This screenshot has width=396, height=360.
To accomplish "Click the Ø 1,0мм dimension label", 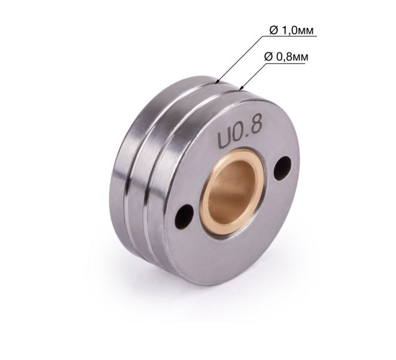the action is (x=292, y=30).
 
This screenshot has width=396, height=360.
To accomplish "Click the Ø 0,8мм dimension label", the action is (x=286, y=57).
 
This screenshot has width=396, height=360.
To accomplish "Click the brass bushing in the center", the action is (x=232, y=193).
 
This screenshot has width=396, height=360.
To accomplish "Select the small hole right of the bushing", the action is (x=283, y=168).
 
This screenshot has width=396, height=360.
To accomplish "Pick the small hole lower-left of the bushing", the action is (x=184, y=217).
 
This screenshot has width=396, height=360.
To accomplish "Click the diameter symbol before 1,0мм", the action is (x=274, y=30).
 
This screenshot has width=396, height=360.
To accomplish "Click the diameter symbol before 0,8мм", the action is (x=269, y=57).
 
